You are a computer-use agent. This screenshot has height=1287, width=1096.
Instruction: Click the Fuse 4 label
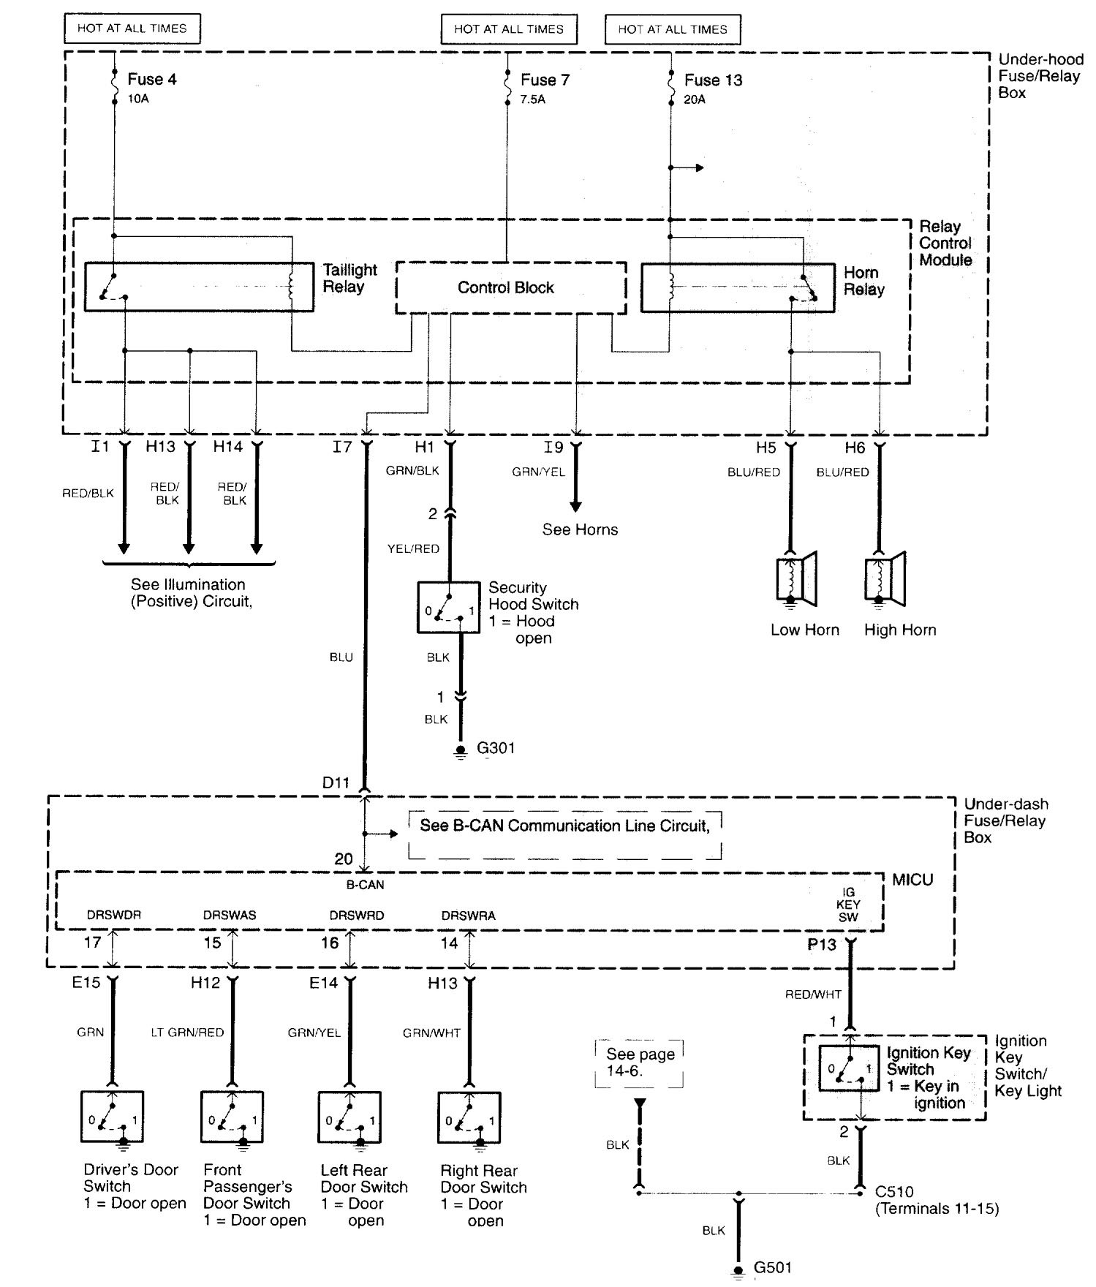point(151,80)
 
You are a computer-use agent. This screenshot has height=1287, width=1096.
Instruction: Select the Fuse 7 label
point(545,80)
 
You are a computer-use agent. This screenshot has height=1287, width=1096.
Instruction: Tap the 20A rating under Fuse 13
point(695,99)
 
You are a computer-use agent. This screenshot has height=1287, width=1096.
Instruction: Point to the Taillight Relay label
point(350,278)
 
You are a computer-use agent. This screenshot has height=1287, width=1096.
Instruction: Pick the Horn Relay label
point(863,281)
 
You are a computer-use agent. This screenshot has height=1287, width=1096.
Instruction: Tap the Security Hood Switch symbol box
point(448,607)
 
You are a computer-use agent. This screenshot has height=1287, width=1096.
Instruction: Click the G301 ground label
point(496,748)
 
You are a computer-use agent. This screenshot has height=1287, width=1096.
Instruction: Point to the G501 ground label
point(772,1268)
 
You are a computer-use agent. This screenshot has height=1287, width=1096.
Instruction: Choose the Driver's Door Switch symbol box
point(112,1117)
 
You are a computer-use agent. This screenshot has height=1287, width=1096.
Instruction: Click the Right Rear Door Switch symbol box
point(469,1117)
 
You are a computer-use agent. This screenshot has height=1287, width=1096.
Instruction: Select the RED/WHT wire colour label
point(813,994)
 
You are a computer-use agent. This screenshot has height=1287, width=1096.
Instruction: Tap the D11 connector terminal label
point(336,783)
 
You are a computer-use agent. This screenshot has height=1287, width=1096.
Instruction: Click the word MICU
point(912,880)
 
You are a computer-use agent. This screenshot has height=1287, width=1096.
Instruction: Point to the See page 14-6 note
point(640,1063)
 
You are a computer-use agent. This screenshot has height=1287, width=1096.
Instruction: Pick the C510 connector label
point(894,1192)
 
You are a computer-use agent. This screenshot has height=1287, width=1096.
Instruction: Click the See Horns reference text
point(580,529)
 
